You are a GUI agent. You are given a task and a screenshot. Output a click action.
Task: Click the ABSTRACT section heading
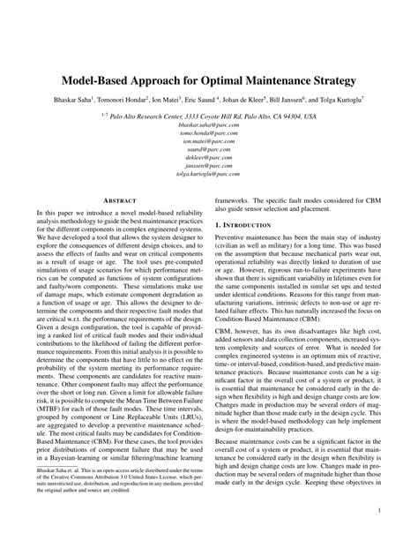click(x=118, y=202)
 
